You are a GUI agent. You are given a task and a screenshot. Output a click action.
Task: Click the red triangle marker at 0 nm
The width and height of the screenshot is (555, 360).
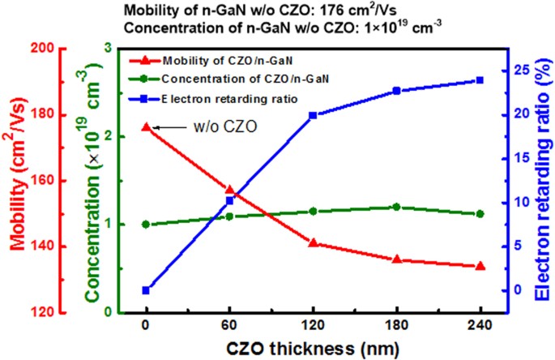(146, 126)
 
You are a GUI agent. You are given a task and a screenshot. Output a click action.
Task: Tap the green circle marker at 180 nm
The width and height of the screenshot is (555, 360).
(396, 207)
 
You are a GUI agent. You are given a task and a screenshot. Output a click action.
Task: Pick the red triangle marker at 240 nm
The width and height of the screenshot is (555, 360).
(480, 266)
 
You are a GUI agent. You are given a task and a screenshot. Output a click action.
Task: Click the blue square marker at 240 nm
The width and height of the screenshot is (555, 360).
(480, 80)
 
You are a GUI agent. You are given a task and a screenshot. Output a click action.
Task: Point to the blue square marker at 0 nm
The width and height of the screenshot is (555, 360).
(146, 290)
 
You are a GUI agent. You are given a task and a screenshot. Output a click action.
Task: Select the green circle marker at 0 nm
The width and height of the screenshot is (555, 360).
(146, 225)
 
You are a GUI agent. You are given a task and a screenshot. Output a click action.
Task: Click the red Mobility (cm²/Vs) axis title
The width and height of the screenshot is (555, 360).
(17, 181)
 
